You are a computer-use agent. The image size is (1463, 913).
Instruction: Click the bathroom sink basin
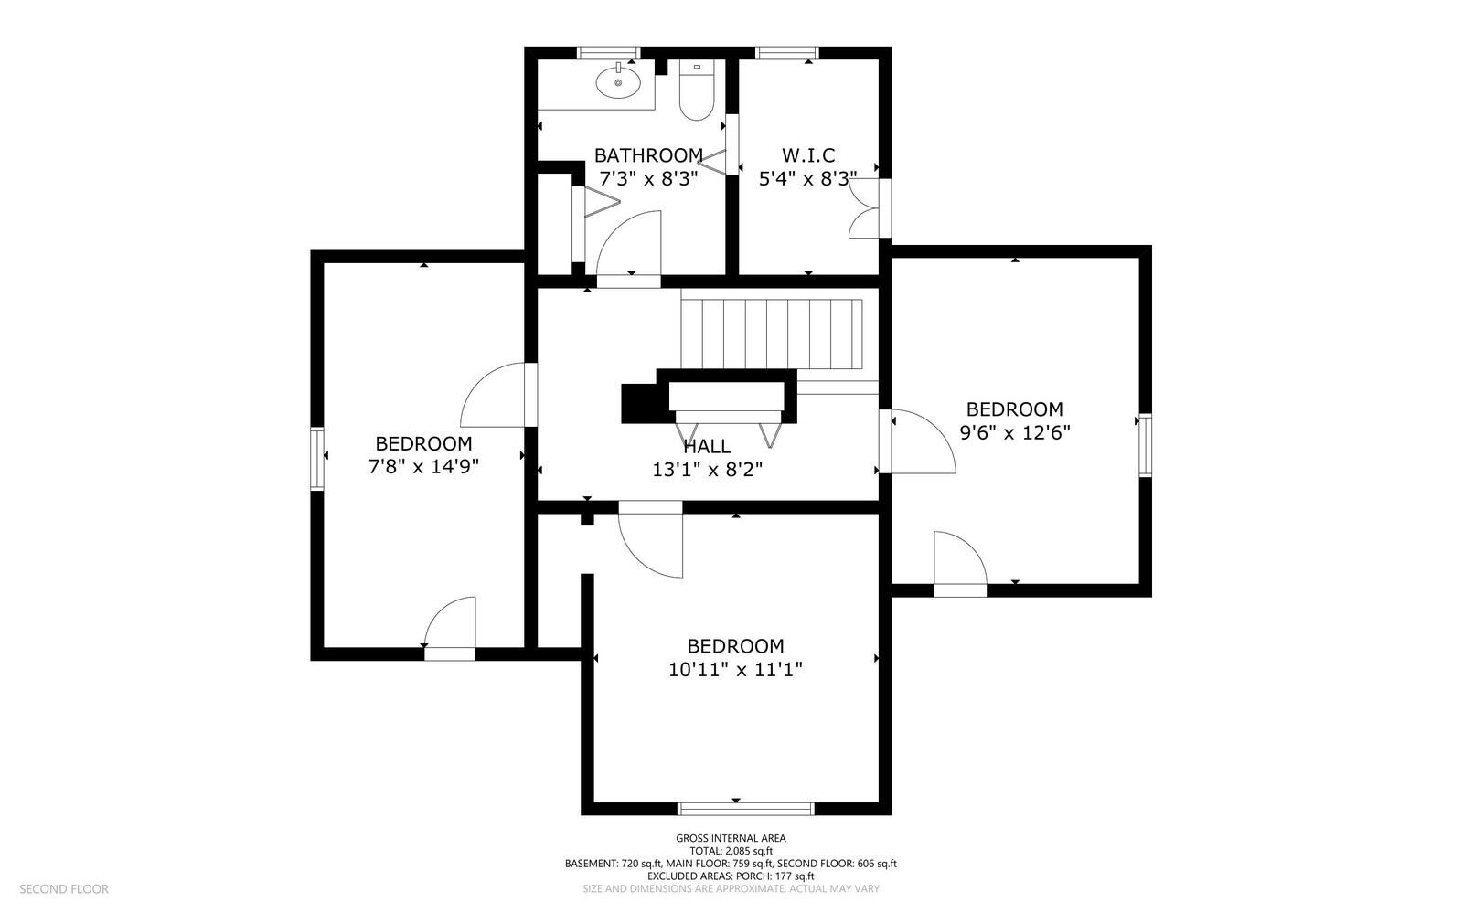(618, 83)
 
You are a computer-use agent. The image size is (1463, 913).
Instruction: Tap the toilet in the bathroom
(697, 90)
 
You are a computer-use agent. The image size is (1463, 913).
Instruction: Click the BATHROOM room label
(648, 155)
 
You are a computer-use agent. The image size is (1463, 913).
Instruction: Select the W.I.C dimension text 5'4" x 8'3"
(808, 179)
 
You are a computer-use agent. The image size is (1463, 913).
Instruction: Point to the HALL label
(707, 447)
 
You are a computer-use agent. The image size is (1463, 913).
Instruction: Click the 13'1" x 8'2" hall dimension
(708, 470)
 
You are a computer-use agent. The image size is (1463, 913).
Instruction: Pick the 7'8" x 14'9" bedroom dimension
(424, 467)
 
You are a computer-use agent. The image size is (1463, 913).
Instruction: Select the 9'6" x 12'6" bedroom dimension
(1015, 432)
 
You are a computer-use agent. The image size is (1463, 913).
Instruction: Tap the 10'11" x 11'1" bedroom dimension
(735, 670)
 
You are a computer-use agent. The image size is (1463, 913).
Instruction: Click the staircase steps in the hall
(772, 334)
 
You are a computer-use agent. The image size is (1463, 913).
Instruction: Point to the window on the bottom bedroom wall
(746, 809)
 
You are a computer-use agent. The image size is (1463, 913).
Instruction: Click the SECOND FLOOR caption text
(64, 889)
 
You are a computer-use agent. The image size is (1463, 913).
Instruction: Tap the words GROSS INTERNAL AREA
(731, 838)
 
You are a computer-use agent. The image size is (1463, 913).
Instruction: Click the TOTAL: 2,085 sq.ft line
(731, 851)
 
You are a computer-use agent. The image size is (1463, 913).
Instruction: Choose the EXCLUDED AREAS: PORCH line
(731, 876)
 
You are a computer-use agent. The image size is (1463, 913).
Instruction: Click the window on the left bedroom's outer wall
(316, 458)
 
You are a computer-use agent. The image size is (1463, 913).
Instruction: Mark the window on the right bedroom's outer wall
(1146, 444)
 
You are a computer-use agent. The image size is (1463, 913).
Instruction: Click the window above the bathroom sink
(609, 53)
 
